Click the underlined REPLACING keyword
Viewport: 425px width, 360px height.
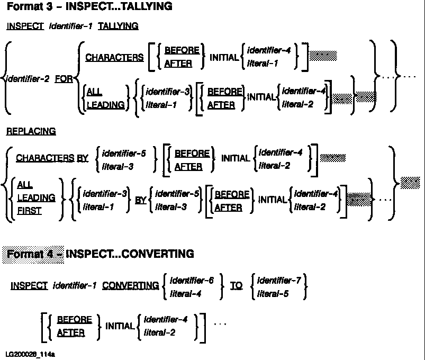tap(31, 131)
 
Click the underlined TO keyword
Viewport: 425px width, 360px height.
tap(236, 286)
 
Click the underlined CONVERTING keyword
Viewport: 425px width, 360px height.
tap(130, 286)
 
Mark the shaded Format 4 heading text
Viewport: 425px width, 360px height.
tap(33, 254)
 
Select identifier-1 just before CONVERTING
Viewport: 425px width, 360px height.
tap(75, 286)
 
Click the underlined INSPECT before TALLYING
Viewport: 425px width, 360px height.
tap(25, 26)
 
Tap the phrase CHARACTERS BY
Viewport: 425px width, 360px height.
tap(52, 158)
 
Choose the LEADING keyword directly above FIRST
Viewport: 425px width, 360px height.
tap(36, 197)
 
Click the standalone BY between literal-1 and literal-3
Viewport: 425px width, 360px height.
tap(140, 201)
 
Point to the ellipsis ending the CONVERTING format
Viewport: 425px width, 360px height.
tap(220, 322)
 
